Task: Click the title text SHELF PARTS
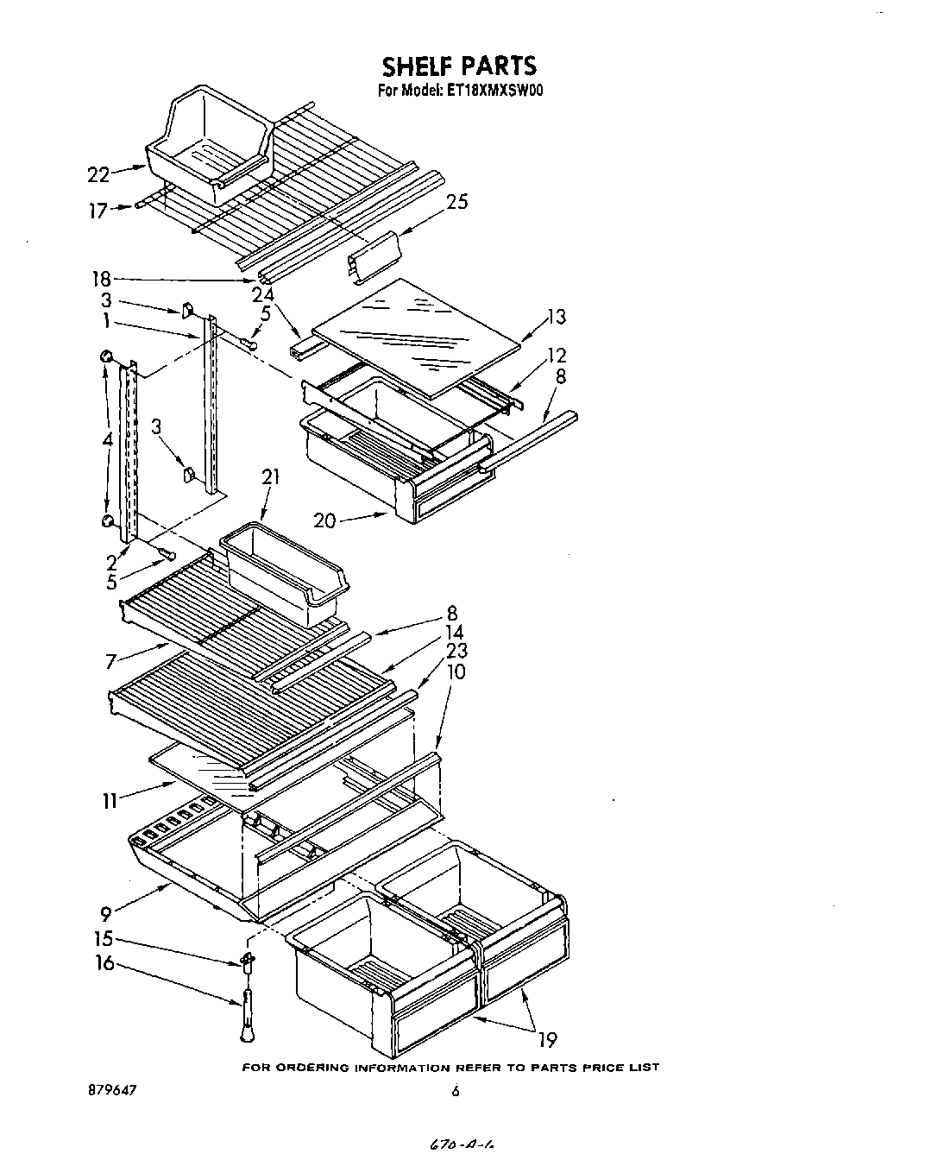tap(458, 66)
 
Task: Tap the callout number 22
tap(99, 174)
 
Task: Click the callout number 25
tap(457, 202)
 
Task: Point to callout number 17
tap(99, 210)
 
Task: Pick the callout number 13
tap(557, 317)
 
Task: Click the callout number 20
tap(326, 520)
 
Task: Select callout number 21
tap(272, 476)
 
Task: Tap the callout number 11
tap(110, 801)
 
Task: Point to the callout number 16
tap(104, 962)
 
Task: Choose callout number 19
tap(547, 1039)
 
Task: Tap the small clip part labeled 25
tap(375, 256)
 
